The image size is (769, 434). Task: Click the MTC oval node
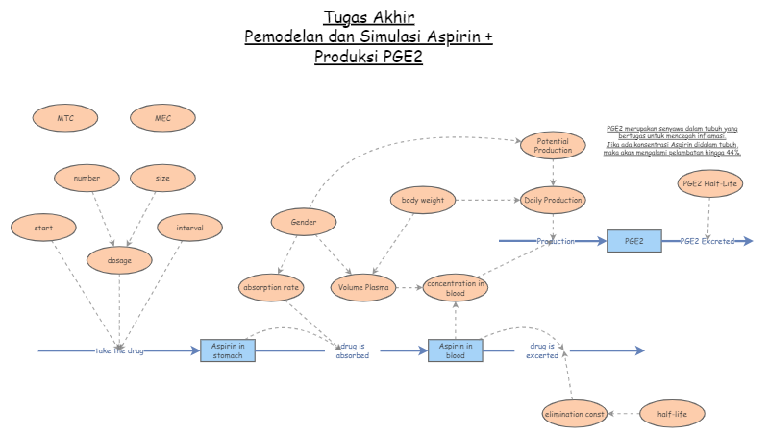coord(65,119)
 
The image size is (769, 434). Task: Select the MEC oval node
coord(162,119)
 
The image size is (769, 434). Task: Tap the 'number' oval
coord(87,178)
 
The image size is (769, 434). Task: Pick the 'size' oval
coord(162,178)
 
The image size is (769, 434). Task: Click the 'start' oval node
coord(43,228)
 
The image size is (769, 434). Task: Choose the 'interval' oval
coord(189,228)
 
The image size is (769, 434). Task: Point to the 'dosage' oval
coord(119,259)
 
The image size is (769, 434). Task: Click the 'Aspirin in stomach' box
coord(228,350)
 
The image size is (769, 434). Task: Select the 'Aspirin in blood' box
coord(456,350)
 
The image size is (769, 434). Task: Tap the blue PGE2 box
coord(634,241)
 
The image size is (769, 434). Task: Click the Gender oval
coord(304,222)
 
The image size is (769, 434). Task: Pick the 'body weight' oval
coord(423,200)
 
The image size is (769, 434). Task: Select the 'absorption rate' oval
coord(271,286)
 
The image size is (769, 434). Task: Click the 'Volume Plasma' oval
coord(362,286)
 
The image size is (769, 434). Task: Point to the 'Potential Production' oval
coord(553,146)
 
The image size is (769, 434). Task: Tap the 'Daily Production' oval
coord(553,200)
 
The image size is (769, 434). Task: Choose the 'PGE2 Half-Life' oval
coord(709,183)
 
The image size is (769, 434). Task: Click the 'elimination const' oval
coord(574,414)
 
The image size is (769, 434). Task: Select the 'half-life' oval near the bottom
coord(673,414)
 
